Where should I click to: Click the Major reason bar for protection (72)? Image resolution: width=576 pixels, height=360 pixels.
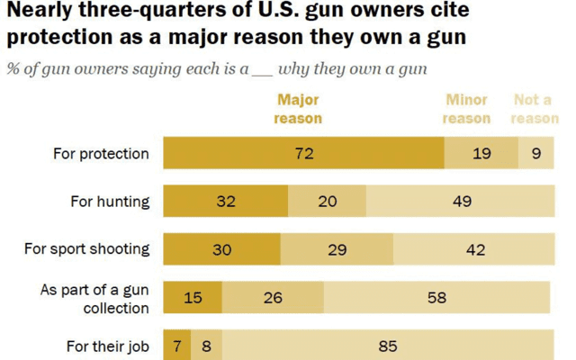pyautogui.click(x=303, y=153)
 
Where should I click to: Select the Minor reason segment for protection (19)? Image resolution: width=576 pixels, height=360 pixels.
pyautogui.click(x=481, y=153)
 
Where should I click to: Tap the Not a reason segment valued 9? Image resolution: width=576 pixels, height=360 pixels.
pyautogui.click(x=536, y=153)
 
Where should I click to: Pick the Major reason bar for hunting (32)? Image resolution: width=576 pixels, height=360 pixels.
pyautogui.click(x=225, y=201)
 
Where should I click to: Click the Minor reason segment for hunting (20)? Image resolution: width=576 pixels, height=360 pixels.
pyautogui.click(x=328, y=201)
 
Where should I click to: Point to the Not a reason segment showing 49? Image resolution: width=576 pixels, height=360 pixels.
pyautogui.click(x=461, y=201)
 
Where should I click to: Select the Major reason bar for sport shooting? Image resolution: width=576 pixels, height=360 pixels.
pyautogui.click(x=221, y=249)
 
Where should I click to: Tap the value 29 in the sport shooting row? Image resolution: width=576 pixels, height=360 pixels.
pyautogui.click(x=337, y=249)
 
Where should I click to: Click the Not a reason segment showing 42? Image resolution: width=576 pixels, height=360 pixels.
pyautogui.click(x=474, y=249)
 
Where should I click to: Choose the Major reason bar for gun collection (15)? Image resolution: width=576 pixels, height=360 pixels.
pyautogui.click(x=193, y=297)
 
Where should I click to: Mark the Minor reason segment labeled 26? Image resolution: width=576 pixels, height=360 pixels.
pyautogui.click(x=273, y=297)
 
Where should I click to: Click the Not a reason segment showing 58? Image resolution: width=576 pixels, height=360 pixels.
pyautogui.click(x=436, y=297)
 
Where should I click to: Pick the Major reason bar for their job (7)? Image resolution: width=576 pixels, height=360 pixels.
pyautogui.click(x=176, y=346)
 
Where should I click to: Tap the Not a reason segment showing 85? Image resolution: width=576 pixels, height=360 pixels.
pyautogui.click(x=388, y=346)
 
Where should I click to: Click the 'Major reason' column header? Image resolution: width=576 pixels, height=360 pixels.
pyautogui.click(x=298, y=109)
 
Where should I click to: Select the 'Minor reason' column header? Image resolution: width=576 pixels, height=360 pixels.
pyautogui.click(x=467, y=109)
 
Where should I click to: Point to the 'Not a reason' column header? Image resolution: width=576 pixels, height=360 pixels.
pyautogui.click(x=535, y=109)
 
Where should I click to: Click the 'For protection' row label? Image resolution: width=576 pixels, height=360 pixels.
pyautogui.click(x=100, y=153)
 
